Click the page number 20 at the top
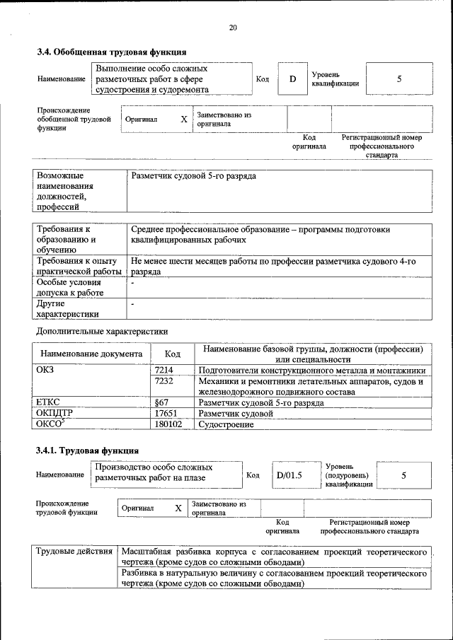pos(233,28)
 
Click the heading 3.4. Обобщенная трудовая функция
pos(111,52)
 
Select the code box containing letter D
pos(292,79)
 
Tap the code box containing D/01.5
pos(289,475)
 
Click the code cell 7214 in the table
pos(164,370)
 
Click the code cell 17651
pos(165,413)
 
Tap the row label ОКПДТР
pos(55,413)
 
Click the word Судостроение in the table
pos(226,424)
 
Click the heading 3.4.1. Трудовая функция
pos(87,450)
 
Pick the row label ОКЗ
pos(45,370)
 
